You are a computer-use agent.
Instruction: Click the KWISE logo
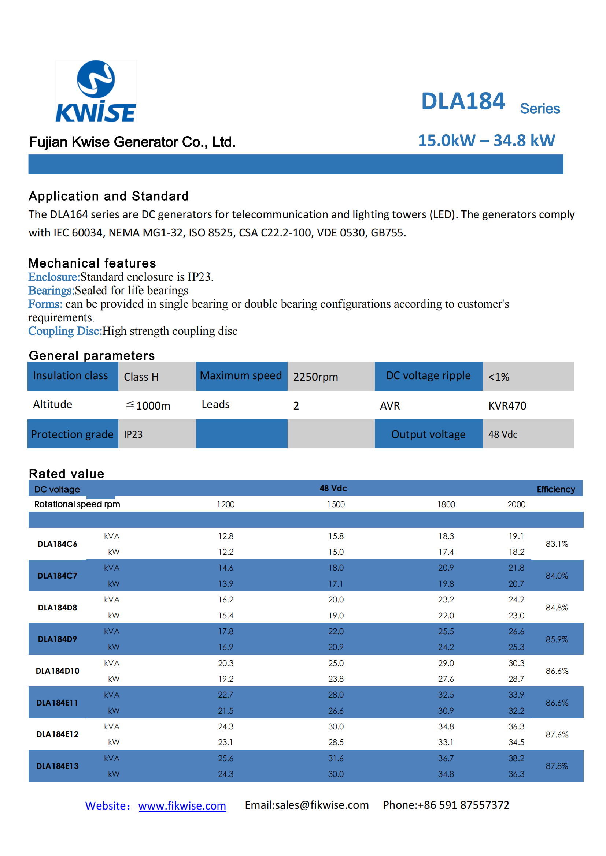point(96,91)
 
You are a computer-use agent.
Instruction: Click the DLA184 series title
point(490,102)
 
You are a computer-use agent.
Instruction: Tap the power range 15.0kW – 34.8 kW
point(487,141)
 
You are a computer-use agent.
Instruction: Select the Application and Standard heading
point(108,196)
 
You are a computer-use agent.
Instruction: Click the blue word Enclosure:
point(54,277)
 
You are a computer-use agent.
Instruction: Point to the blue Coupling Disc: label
point(65,331)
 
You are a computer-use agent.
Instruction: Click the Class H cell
point(141,377)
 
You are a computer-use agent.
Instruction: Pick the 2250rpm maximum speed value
point(315,377)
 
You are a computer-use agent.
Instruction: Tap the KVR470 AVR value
point(507,405)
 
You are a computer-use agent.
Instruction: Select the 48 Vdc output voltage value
point(503,434)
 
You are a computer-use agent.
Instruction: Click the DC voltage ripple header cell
point(428,376)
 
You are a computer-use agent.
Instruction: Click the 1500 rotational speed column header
point(336,504)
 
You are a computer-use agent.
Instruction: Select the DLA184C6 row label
point(58,544)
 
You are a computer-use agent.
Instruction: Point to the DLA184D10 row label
point(58,671)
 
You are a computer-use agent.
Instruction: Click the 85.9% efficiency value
point(557,639)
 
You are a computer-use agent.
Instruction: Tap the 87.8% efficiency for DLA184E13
point(557,766)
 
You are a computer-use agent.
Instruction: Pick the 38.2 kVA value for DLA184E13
point(517,758)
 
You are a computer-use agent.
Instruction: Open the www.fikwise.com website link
point(182,805)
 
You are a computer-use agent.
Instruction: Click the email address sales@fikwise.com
point(322,805)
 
